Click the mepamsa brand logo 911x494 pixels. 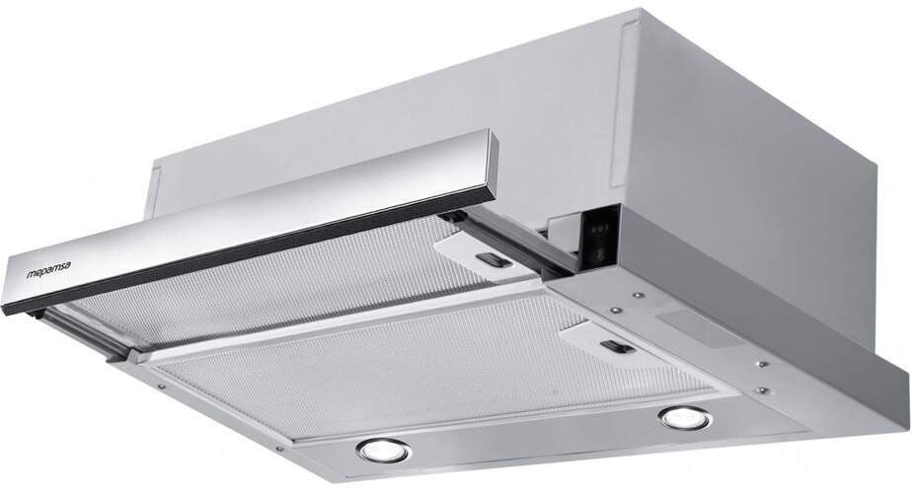(x=48, y=269)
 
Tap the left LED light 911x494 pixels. (x=384, y=451)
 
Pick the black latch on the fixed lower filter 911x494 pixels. (x=618, y=346)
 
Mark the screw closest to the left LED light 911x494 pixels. (x=280, y=449)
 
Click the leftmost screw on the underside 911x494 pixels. (x=160, y=386)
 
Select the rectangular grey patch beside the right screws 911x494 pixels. (x=697, y=326)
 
